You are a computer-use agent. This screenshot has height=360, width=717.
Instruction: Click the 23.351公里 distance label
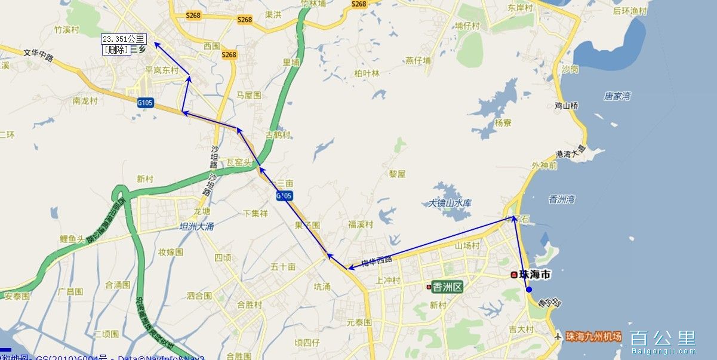124,39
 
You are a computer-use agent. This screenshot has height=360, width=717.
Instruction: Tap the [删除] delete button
116,50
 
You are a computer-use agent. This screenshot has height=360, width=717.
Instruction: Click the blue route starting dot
529,290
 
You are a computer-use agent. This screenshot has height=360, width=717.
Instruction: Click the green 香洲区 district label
447,287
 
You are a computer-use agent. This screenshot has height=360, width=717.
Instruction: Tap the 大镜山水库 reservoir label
450,203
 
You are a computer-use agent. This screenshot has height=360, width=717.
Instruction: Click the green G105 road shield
145,103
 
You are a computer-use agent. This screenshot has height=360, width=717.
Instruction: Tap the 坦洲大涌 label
197,226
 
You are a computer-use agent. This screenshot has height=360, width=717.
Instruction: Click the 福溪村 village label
361,224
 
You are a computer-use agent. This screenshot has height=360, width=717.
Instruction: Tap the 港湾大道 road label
571,153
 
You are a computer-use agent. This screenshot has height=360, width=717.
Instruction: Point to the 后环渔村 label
630,11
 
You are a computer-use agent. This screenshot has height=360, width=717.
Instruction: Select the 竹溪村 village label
66,29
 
